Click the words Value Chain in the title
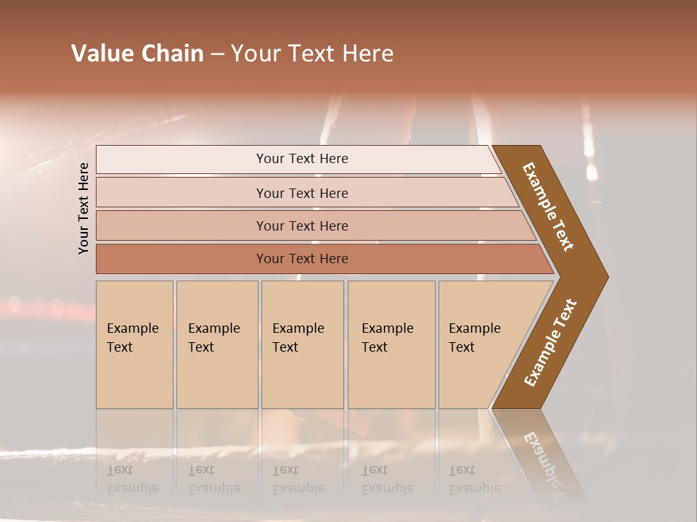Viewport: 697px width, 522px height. [x=137, y=54]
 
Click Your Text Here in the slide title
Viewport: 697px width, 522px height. [x=312, y=54]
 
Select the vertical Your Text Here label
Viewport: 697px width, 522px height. [x=84, y=208]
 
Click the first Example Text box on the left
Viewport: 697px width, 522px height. [x=134, y=344]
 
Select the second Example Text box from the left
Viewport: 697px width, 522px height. [x=217, y=344]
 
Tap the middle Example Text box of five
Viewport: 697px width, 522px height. [x=302, y=344]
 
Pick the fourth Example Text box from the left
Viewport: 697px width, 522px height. [x=391, y=344]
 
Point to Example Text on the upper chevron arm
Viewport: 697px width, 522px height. [x=548, y=207]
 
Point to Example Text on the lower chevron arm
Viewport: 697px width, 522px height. [x=550, y=342]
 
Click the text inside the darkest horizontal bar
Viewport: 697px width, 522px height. [x=302, y=259]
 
